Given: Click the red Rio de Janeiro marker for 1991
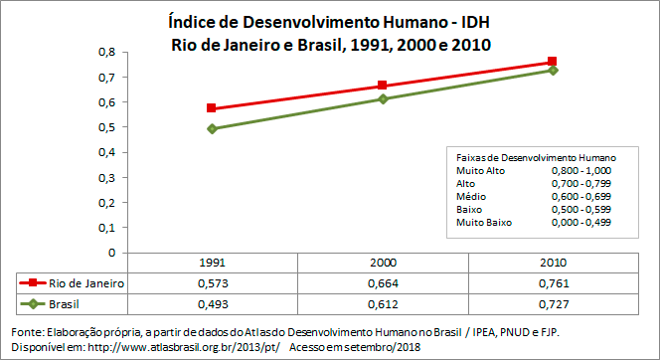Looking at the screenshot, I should pyautogui.click(x=212, y=108).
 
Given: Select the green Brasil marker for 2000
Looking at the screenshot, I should pyautogui.click(x=382, y=98).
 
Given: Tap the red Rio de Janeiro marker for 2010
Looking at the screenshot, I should pyautogui.click(x=553, y=62).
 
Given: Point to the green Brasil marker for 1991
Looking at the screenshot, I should pyautogui.click(x=212, y=129).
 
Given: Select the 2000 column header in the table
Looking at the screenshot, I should pyautogui.click(x=383, y=264).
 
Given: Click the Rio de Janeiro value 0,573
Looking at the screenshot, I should pyautogui.click(x=212, y=283).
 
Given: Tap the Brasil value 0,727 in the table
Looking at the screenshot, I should pyautogui.click(x=553, y=303).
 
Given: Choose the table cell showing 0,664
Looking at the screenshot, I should pyautogui.click(x=383, y=283).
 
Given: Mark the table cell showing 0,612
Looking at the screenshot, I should pyautogui.click(x=383, y=303).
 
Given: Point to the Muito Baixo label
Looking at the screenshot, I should pyautogui.click(x=483, y=222).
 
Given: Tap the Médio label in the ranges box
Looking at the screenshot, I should pyautogui.click(x=470, y=196).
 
